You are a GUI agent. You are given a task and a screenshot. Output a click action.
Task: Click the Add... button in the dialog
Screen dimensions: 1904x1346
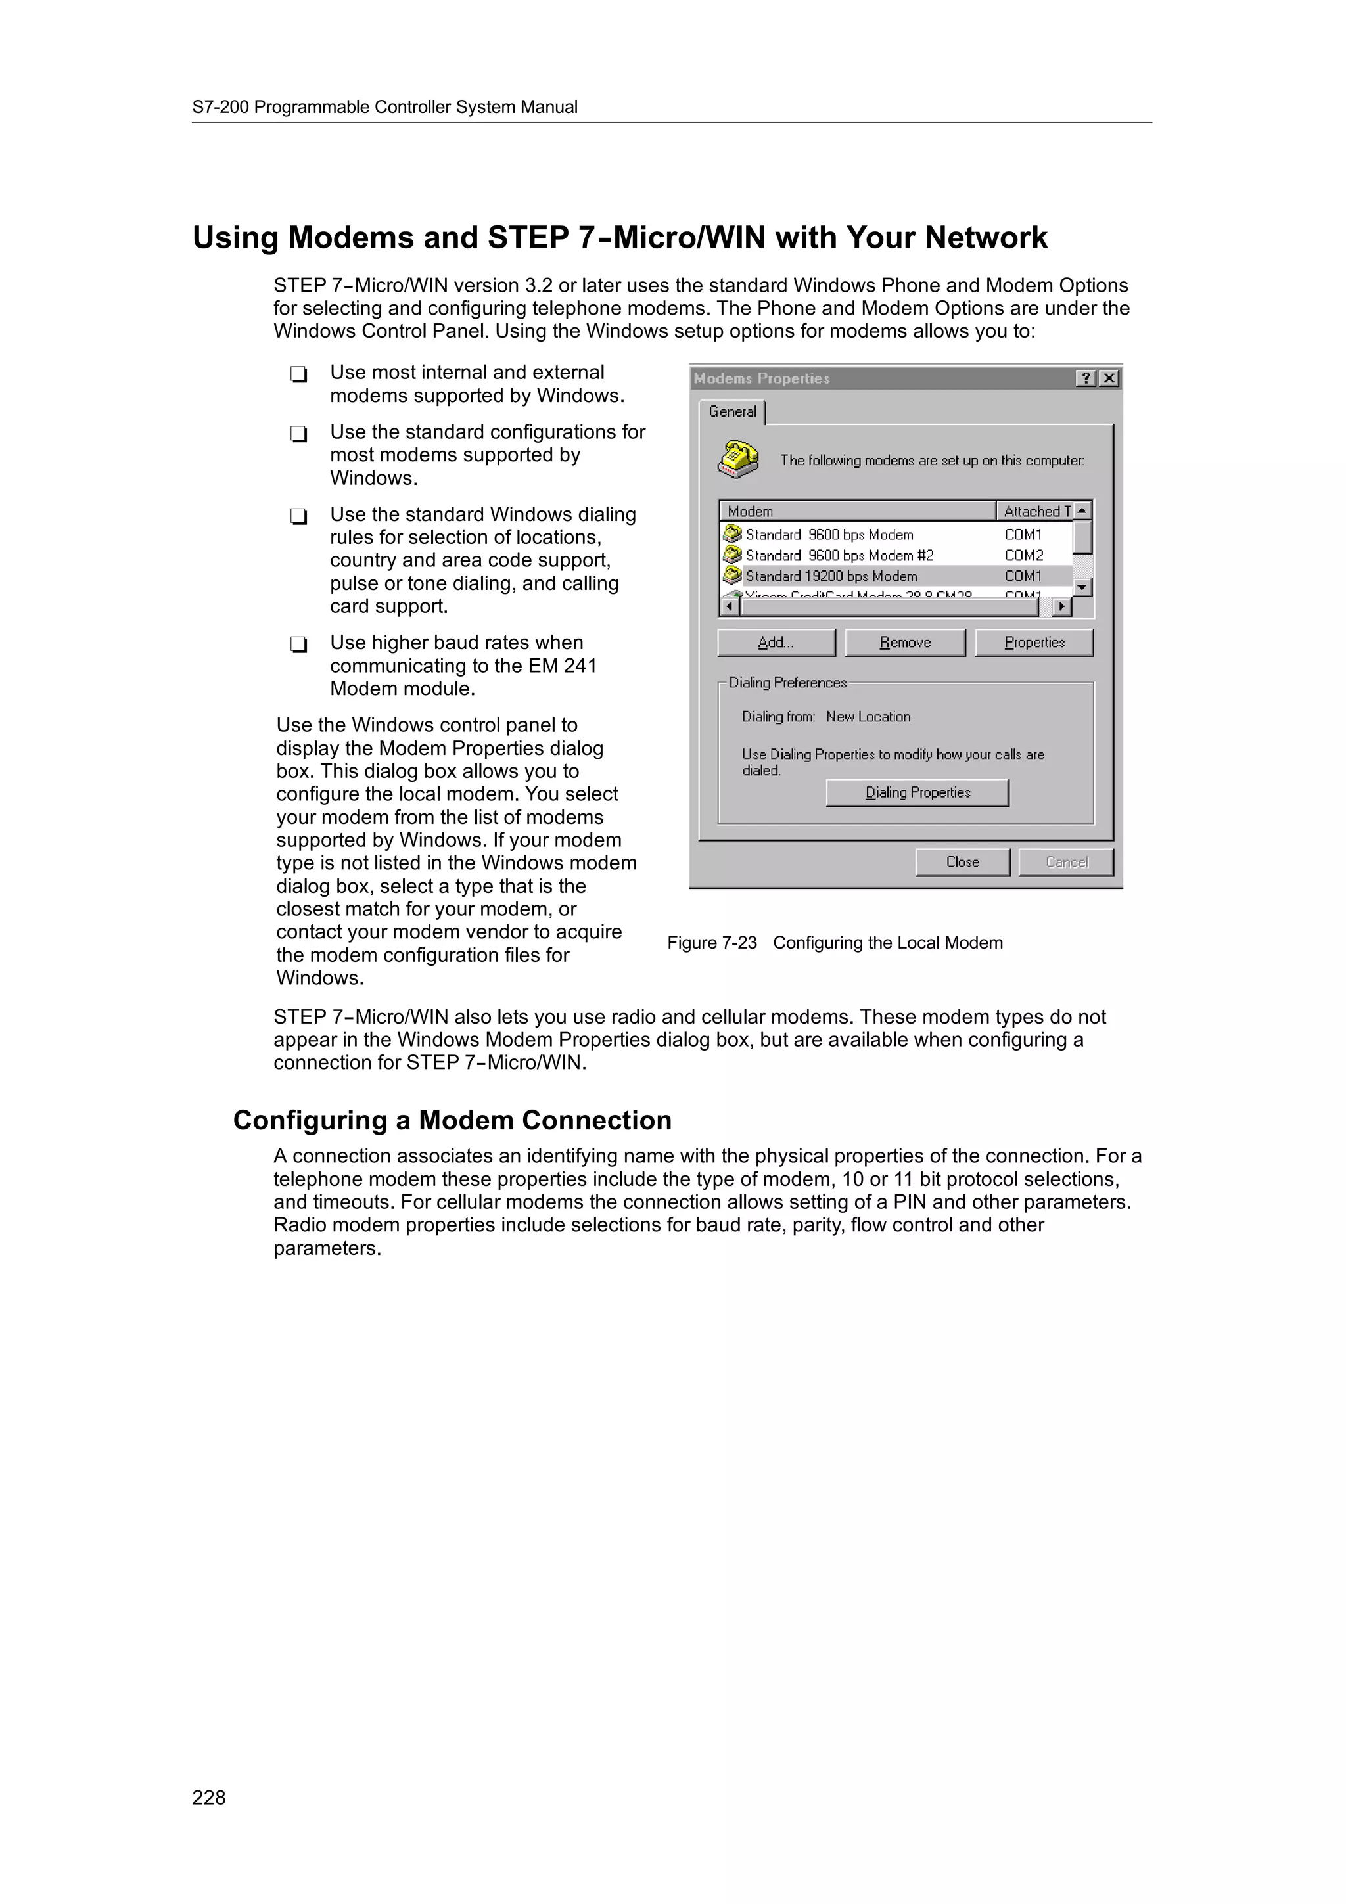[776, 643]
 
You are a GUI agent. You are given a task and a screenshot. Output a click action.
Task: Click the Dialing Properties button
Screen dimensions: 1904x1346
[917, 793]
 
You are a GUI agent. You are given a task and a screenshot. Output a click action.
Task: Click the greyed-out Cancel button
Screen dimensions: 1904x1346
[1065, 863]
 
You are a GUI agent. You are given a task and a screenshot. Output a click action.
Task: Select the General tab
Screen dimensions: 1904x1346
[732, 412]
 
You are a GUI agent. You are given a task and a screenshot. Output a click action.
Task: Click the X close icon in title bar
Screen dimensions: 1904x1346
[1109, 379]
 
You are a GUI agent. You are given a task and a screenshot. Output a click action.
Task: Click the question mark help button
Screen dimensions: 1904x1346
[1086, 379]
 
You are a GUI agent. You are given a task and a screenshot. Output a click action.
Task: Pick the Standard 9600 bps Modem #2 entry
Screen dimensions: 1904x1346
[839, 556]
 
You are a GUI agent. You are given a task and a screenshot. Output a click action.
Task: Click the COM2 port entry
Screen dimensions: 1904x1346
[1023, 556]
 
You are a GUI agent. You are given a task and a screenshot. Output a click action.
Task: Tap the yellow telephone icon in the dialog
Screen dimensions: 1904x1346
[737, 459]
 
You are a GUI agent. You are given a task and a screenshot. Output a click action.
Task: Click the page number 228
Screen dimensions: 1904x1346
[209, 1797]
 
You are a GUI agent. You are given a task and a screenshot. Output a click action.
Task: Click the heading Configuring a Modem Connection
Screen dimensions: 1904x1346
[452, 1120]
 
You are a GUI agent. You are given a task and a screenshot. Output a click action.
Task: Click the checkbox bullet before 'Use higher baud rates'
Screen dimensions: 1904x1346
[298, 645]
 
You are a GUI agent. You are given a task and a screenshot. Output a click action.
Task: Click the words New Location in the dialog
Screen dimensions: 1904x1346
[868, 717]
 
